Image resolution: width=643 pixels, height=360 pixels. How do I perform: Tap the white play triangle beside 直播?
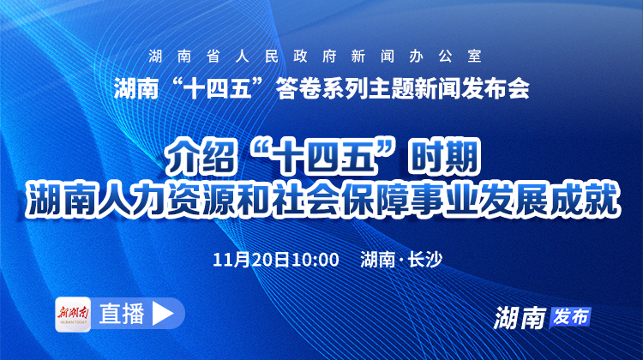click(160, 313)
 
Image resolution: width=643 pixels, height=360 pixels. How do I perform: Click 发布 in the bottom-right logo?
click(570, 315)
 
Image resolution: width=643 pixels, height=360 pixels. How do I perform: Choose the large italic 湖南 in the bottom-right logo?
click(520, 317)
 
